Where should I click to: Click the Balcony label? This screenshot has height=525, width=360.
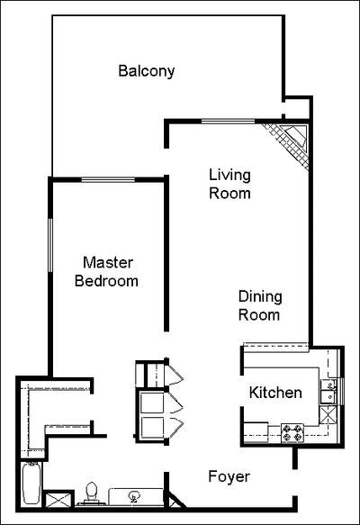147,71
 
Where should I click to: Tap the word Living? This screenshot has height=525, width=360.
229,176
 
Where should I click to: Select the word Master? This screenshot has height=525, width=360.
108,263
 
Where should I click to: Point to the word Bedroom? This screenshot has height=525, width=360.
106,281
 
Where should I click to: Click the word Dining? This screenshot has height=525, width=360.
260,297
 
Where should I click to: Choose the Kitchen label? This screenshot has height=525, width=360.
275,393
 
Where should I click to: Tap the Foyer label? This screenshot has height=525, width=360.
229,476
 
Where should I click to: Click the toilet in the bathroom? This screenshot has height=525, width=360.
91,493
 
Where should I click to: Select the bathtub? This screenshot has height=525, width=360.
31,484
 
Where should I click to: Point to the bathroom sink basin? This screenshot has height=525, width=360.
134,496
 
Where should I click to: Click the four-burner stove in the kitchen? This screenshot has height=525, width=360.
292,432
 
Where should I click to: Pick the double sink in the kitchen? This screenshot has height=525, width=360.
328,392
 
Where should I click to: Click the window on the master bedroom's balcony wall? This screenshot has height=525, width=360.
108,180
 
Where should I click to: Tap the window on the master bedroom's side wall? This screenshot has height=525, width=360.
50,245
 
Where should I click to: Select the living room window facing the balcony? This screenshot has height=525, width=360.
229,122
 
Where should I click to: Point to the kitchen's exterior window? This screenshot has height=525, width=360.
342,392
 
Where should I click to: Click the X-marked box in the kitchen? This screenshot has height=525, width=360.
328,415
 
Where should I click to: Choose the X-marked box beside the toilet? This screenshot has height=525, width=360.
58,500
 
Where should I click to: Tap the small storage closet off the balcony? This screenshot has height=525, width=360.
297,108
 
